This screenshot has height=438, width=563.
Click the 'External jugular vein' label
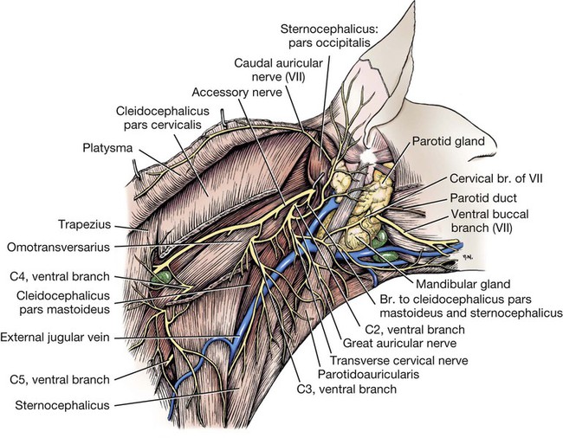point(55,337)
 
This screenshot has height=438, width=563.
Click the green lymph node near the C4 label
point(162,278)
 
